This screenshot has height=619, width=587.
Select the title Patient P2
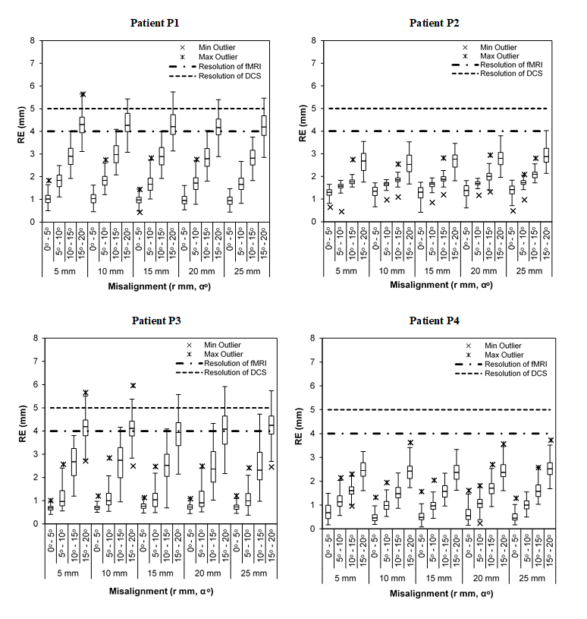[434, 23]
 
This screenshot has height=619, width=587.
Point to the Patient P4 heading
[434, 321]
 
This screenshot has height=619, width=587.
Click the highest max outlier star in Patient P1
[83, 94]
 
